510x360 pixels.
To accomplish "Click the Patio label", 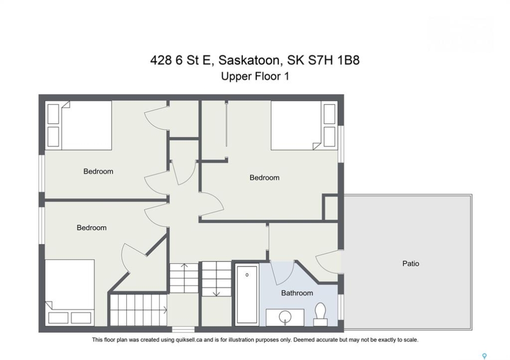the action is pos(410,263).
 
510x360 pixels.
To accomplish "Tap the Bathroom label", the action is pos(297,293).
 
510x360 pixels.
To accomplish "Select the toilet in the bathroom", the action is pos(320,314).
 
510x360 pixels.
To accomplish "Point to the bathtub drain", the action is pos(247,275).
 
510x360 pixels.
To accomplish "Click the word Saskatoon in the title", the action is pos(249,60).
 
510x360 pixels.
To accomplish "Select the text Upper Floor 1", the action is pos(255,76).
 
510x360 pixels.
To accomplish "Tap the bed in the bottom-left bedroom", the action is pos(70,292).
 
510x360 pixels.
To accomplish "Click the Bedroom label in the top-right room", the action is pos(264,177).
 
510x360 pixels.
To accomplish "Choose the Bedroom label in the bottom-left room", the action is pos(92,228).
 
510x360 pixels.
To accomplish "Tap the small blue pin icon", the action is pos(484,356).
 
